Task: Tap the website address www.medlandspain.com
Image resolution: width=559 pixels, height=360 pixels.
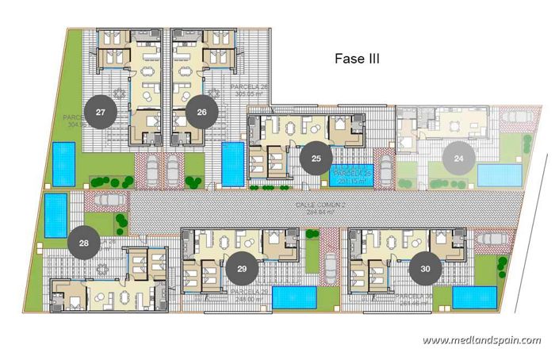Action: pyautogui.click(x=481, y=340)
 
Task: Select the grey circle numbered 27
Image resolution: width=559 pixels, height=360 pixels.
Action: pyautogui.click(x=101, y=113)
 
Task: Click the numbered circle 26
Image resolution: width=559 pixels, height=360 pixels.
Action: pyautogui.click(x=201, y=113)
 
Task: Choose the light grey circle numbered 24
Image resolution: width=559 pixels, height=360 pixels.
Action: pyautogui.click(x=458, y=159)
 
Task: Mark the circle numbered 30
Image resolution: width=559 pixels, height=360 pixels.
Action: pyautogui.click(x=426, y=269)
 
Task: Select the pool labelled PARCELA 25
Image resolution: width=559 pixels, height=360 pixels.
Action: pyautogui.click(x=352, y=175)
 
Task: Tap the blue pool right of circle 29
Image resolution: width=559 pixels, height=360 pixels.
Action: pyautogui.click(x=294, y=297)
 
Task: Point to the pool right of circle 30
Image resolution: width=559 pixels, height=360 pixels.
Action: pyautogui.click(x=475, y=297)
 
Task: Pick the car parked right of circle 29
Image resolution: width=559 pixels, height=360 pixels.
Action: pyautogui.click(x=312, y=256)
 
